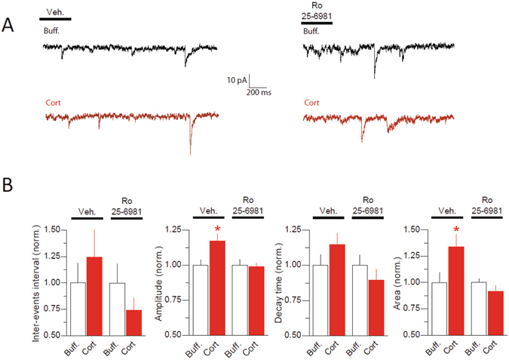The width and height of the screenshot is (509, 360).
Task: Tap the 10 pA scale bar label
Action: pos(238,79)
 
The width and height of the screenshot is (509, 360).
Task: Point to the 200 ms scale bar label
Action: pos(259,92)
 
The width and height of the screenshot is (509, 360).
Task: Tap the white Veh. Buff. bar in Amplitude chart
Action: pos(199,300)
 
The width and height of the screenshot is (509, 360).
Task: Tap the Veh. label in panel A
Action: pos(54,12)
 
